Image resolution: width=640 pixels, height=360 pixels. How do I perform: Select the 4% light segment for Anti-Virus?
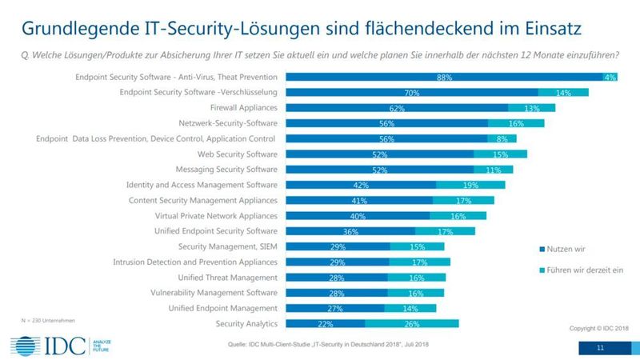click(610, 78)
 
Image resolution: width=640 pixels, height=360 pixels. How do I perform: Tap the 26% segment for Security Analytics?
click(412, 324)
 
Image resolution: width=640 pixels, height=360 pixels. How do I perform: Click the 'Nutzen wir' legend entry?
click(564, 250)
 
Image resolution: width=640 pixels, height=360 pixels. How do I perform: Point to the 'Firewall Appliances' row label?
click(243, 108)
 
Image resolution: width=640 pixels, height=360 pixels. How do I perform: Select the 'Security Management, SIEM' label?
click(227, 246)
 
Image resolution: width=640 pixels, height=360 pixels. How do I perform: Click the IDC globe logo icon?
click(24, 346)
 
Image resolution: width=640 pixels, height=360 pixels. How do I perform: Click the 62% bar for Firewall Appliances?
click(397, 108)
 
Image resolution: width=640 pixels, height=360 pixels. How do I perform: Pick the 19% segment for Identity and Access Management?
click(470, 186)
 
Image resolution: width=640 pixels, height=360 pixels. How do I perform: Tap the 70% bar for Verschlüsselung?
click(412, 93)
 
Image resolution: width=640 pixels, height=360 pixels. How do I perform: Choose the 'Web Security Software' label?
click(232, 154)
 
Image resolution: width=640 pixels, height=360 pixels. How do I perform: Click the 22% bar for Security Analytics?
click(325, 324)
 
